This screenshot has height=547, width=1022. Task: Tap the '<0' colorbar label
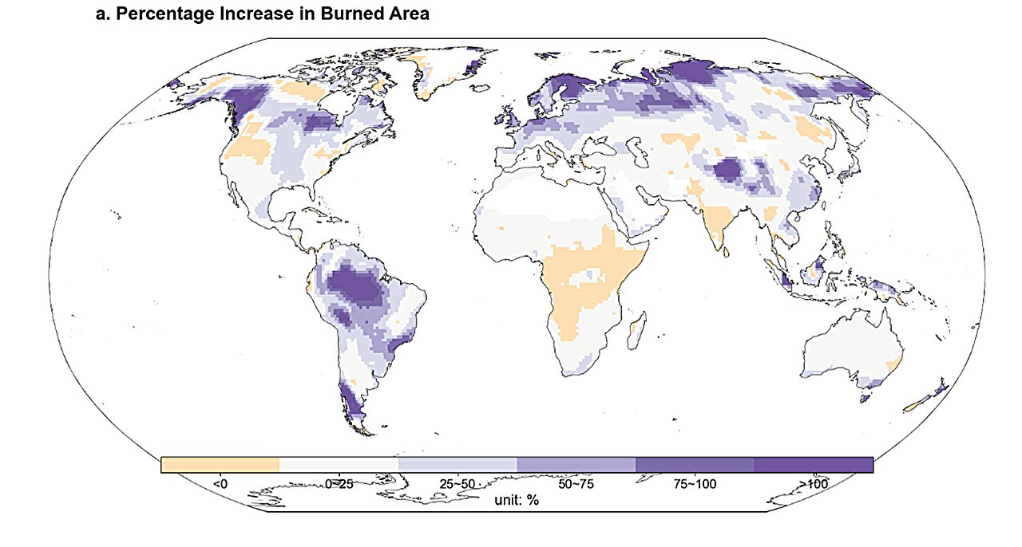tap(220, 483)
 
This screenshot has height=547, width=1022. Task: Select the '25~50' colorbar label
tap(457, 483)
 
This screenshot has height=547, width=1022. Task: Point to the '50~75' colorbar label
tap(576, 483)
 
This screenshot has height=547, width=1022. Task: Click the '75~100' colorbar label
tap(695, 483)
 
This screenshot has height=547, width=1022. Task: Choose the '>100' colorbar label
tap(814, 483)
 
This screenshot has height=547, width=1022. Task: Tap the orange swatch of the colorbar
tap(220, 465)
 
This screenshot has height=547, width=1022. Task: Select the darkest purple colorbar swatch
tap(814, 465)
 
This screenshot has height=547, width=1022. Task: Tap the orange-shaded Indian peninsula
tap(720, 223)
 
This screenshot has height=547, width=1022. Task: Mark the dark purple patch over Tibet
tap(728, 170)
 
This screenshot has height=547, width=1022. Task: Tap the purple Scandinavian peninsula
tap(559, 92)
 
